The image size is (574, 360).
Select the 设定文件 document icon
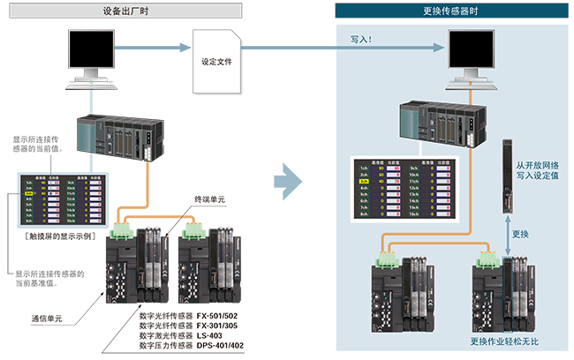217,63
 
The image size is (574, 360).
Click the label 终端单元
209,200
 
